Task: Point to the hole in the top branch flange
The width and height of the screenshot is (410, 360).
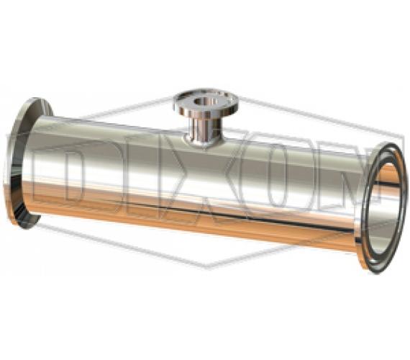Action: pos(205,102)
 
